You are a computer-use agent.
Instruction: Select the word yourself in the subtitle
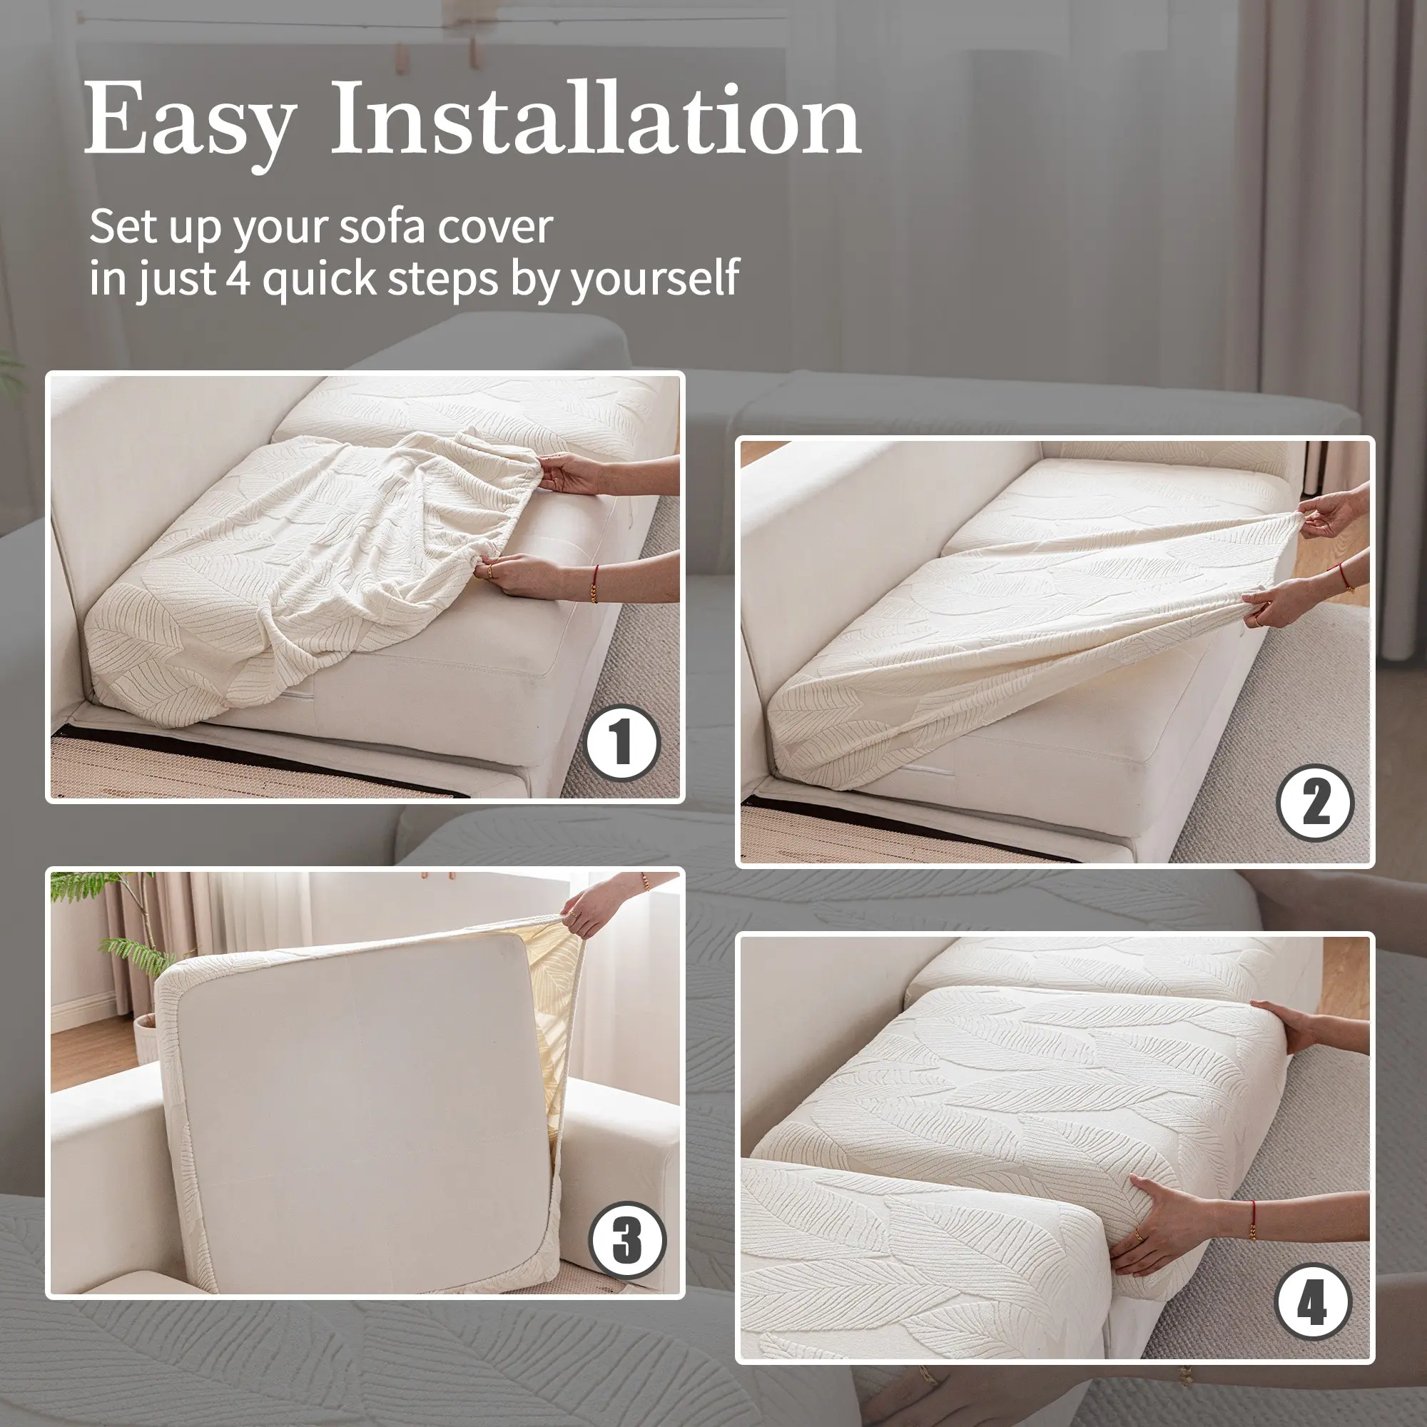point(655,279)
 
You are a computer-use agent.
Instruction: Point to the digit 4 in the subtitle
point(238,278)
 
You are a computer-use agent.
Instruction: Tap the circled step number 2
point(1316,803)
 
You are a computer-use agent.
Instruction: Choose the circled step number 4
point(1313,1302)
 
